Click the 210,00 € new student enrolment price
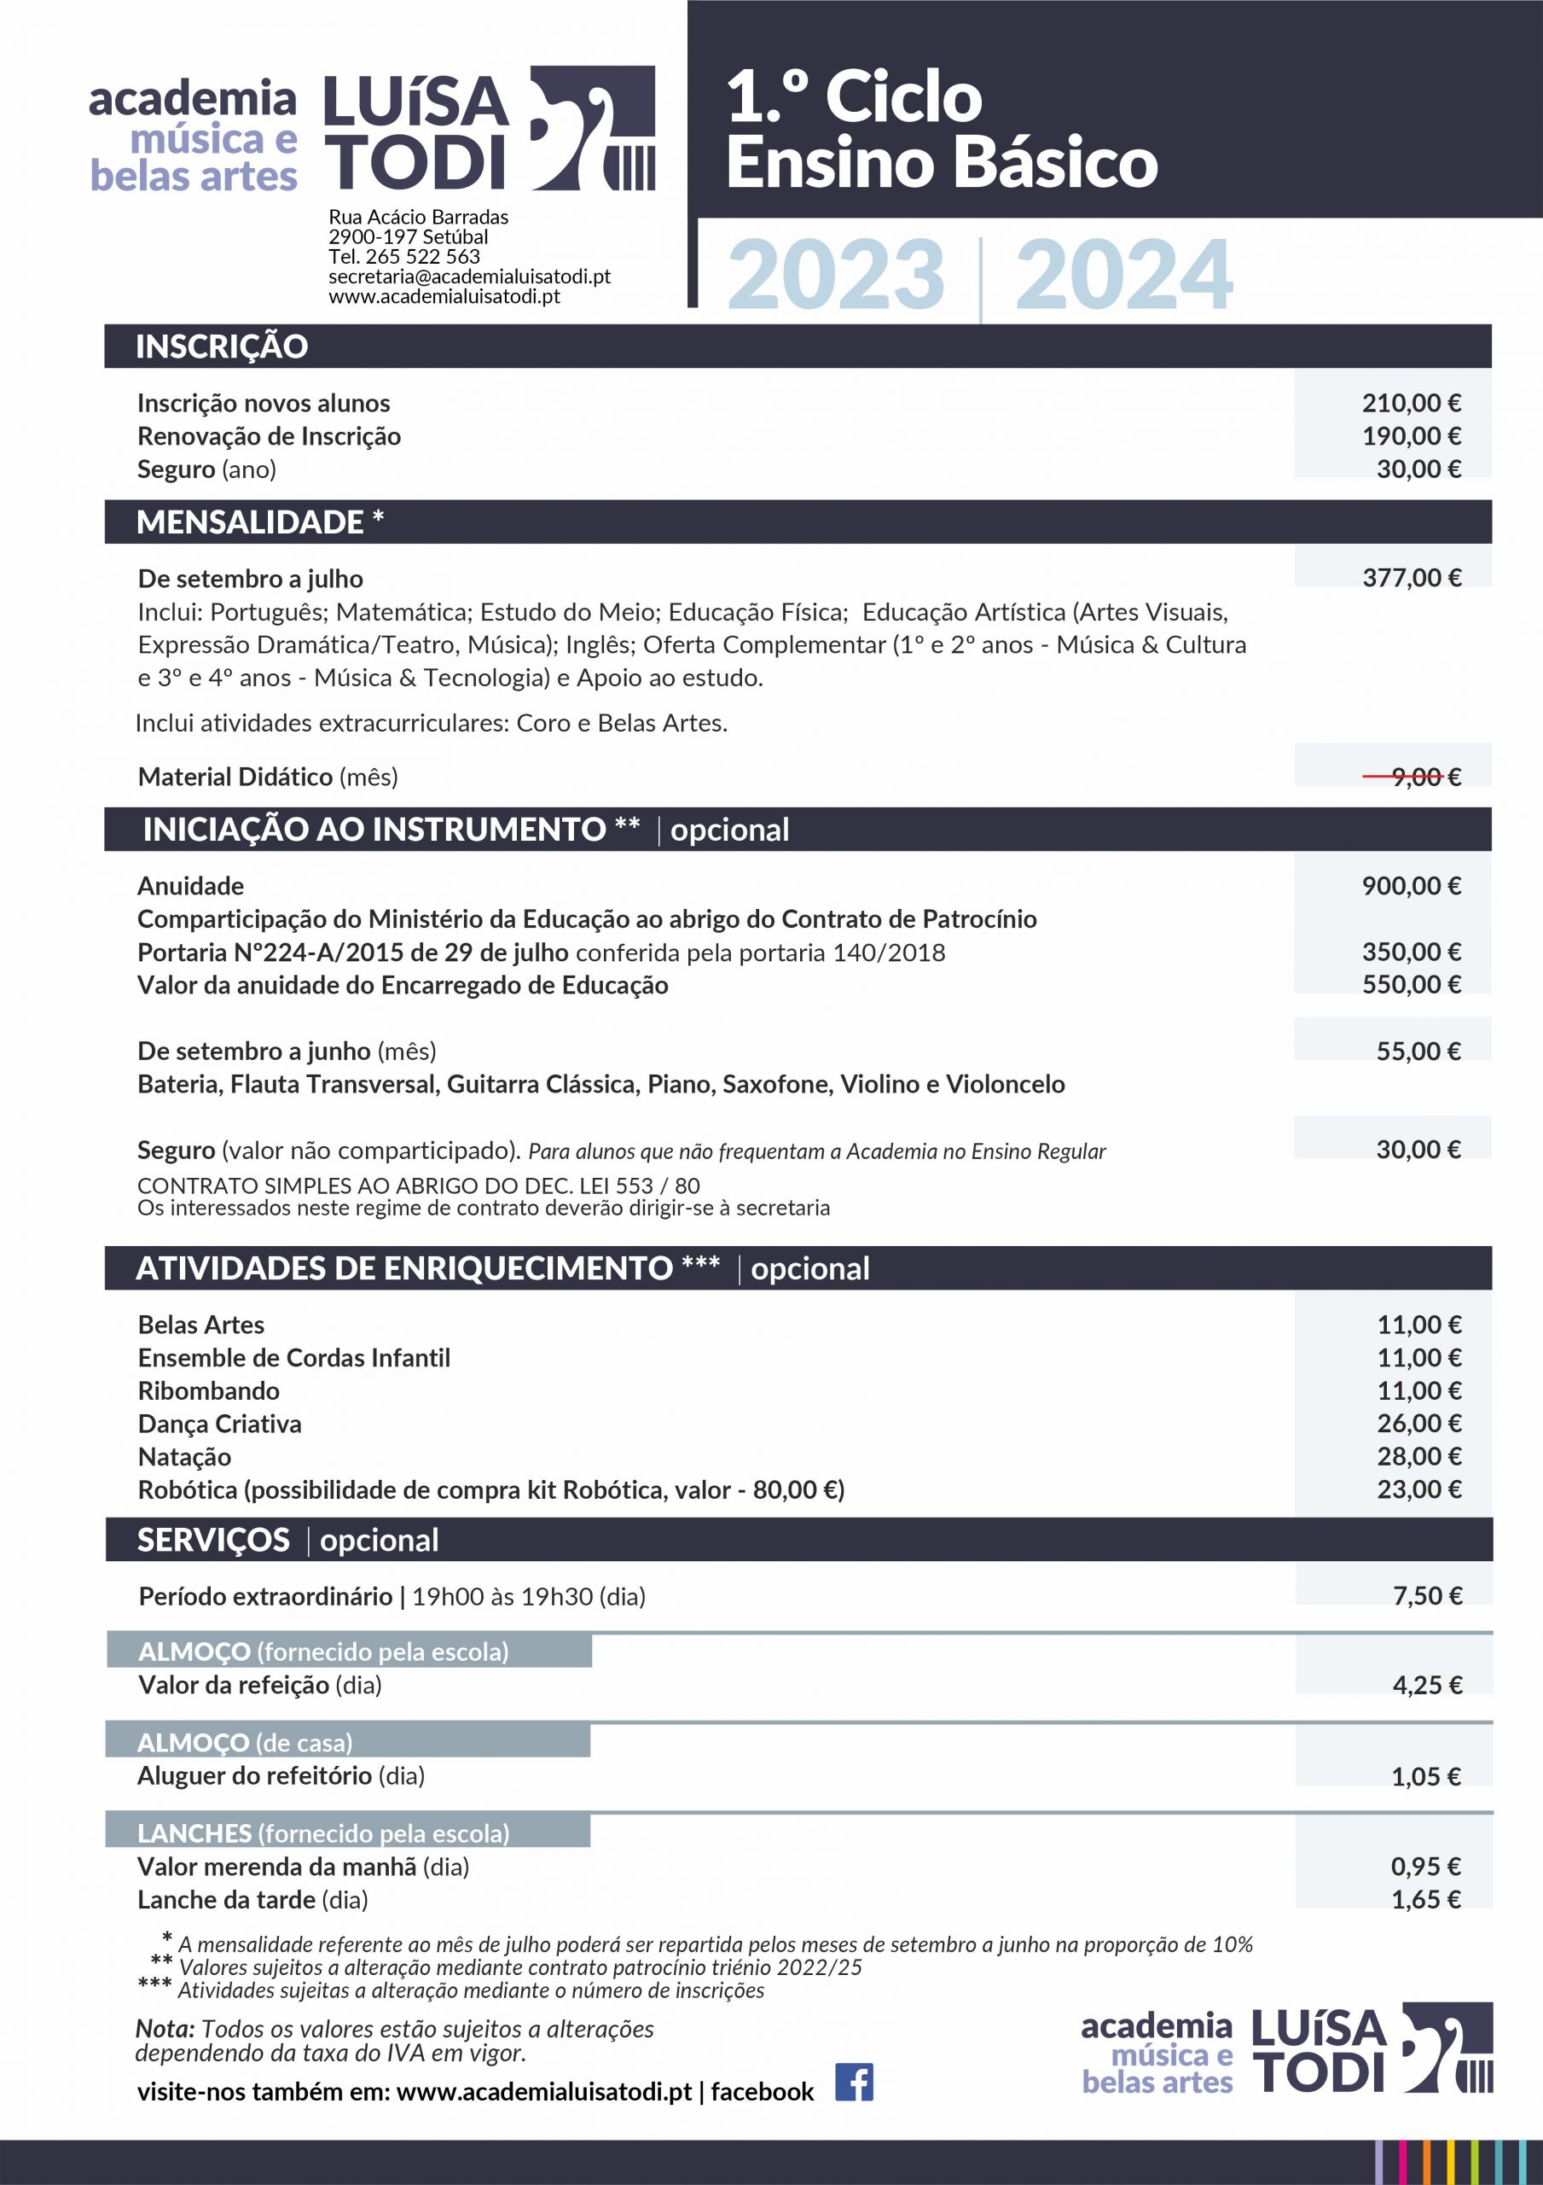[1411, 403]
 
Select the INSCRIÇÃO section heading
[222, 347]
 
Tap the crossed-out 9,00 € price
[1412, 777]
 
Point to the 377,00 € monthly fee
[1412, 578]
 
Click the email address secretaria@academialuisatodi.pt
[469, 276]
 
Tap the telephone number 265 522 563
[422, 256]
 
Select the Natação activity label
[184, 1457]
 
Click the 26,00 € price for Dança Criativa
[1418, 1424]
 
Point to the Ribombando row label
[208, 1391]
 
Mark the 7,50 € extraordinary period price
[1427, 1596]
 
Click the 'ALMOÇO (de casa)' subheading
[245, 1743]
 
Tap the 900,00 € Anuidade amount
[1411, 886]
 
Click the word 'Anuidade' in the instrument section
[190, 886]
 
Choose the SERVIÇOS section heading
[213, 1540]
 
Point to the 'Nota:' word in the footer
[165, 2029]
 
